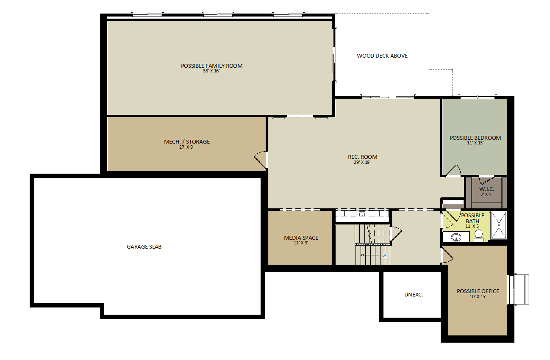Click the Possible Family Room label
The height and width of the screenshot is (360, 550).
pyautogui.click(x=211, y=66)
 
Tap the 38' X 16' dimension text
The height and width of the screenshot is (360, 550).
pyautogui.click(x=211, y=71)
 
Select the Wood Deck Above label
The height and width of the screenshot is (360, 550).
pyautogui.click(x=382, y=56)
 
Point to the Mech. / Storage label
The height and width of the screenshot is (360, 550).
pyautogui.click(x=187, y=141)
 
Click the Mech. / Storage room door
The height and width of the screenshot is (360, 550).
pyautogui.click(x=261, y=160)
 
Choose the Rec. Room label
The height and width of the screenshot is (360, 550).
pyautogui.click(x=362, y=157)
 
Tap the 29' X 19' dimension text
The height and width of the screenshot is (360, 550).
pyautogui.click(x=362, y=162)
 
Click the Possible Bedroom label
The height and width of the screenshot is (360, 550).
pyautogui.click(x=475, y=138)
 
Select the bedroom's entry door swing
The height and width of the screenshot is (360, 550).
pyautogui.click(x=453, y=171)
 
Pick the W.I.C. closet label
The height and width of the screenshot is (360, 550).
pyautogui.click(x=486, y=189)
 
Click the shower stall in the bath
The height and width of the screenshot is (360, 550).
pyautogui.click(x=499, y=225)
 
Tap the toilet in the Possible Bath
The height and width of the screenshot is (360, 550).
pyautogui.click(x=478, y=236)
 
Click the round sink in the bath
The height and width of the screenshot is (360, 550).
pyautogui.click(x=456, y=237)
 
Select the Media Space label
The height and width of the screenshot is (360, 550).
pyautogui.click(x=301, y=238)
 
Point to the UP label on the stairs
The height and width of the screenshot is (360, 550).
pyautogui.click(x=384, y=255)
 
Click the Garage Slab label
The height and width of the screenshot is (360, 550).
pyautogui.click(x=144, y=247)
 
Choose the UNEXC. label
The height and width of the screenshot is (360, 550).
pyautogui.click(x=414, y=295)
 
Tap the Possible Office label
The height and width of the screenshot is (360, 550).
pyautogui.click(x=478, y=291)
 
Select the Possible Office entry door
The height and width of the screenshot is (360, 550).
pyautogui.click(x=448, y=256)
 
